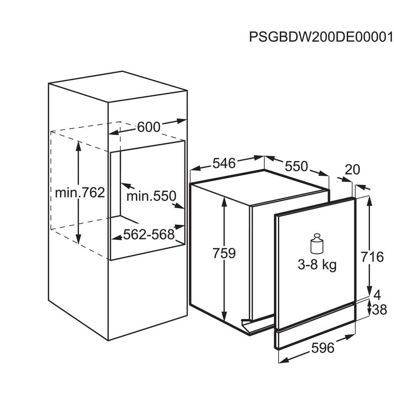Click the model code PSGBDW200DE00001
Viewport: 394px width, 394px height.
(321, 37)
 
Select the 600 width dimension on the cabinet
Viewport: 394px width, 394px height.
(149, 127)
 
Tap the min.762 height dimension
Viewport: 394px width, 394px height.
(80, 192)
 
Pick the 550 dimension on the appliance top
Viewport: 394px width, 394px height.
(296, 166)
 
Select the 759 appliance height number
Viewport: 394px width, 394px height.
(224, 253)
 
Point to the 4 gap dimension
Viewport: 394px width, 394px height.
(377, 295)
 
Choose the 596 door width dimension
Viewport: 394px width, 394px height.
(322, 348)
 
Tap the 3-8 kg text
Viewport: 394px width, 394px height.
(317, 265)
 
